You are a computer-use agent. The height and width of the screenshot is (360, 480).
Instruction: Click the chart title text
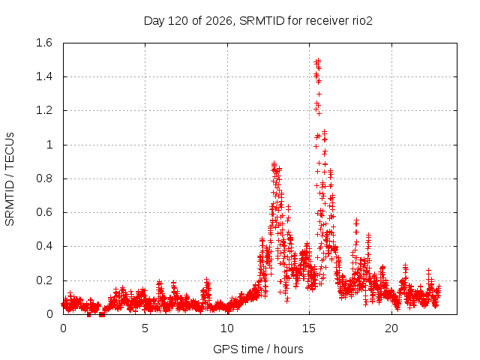258,21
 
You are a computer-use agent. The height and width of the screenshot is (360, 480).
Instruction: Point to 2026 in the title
218,21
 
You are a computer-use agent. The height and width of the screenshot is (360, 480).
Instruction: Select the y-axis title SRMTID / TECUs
10,179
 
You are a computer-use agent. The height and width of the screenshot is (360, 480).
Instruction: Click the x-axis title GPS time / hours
258,349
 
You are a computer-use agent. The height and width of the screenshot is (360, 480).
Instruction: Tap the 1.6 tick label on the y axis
44,43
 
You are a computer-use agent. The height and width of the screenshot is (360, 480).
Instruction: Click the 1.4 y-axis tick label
44,76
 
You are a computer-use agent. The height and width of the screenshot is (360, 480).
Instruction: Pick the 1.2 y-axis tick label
44,110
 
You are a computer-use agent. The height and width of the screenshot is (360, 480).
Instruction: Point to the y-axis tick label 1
49,145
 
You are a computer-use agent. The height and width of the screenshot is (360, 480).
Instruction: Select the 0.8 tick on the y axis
44,178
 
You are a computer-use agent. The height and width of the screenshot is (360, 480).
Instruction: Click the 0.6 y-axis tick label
44,212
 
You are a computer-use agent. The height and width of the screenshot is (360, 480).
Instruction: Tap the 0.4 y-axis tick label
44,246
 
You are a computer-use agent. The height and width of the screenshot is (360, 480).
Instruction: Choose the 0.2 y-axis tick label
44,280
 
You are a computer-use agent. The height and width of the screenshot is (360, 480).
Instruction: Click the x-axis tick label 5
145,328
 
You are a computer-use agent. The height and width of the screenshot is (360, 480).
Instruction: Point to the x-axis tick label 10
227,328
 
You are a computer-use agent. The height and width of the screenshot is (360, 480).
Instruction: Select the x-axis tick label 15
309,328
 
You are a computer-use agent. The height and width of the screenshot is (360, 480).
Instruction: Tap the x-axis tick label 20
391,328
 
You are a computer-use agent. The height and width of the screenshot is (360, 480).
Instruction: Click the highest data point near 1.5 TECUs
318,60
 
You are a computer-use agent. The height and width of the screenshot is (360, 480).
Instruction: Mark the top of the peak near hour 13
274,163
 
